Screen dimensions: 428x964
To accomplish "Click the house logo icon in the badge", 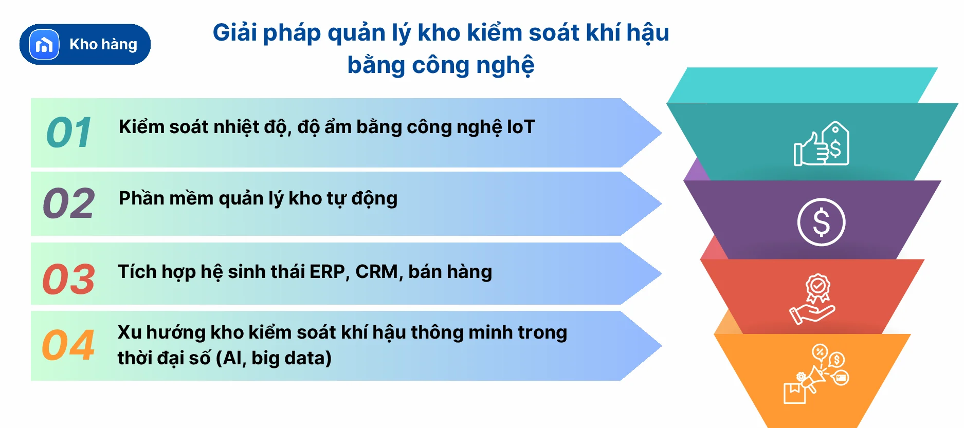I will click(x=44, y=45).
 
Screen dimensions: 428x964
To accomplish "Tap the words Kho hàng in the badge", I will click(x=103, y=45).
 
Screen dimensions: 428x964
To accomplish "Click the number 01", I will click(x=69, y=133).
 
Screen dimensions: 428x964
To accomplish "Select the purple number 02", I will click(x=69, y=203).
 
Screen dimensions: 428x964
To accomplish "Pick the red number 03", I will click(x=69, y=280).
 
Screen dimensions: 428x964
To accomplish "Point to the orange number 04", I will click(x=68, y=345).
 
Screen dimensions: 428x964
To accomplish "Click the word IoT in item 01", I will click(x=521, y=127).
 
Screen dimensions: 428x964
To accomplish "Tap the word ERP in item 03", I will click(x=328, y=272).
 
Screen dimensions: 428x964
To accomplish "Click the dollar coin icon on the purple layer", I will click(x=821, y=222).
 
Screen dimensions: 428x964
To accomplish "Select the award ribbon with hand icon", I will click(x=813, y=299).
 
